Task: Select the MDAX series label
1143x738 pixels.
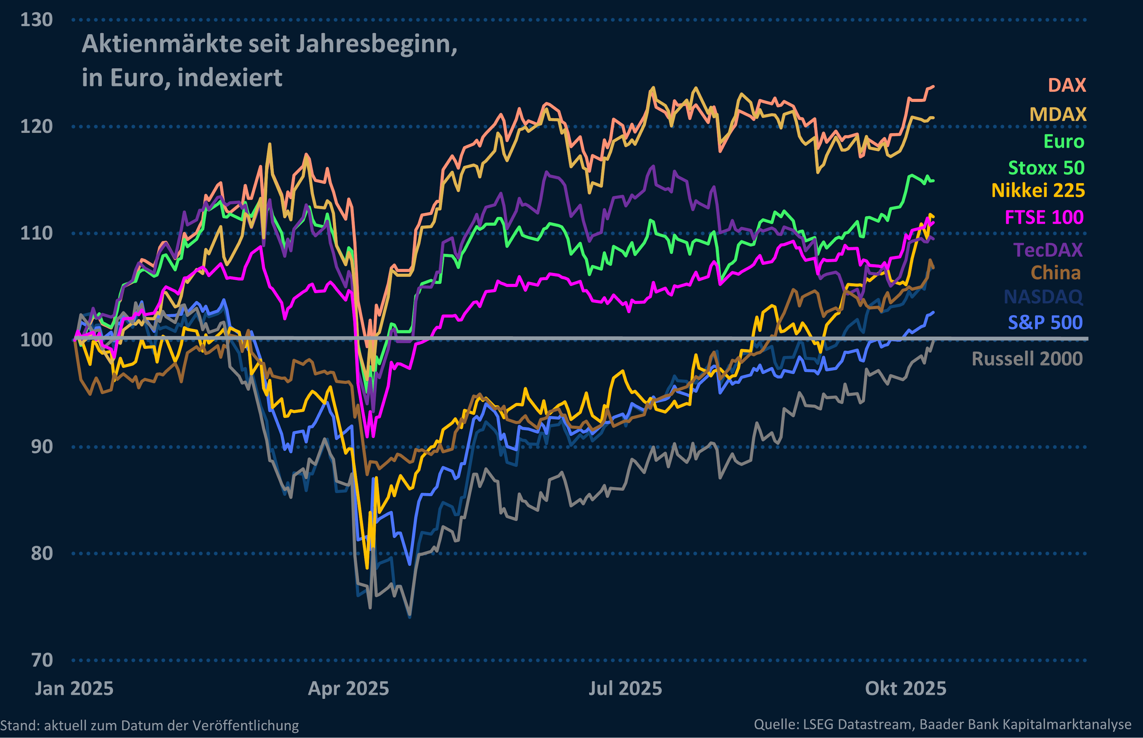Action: [1058, 115]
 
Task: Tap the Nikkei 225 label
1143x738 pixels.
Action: [1038, 191]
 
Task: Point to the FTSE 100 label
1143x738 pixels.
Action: [1044, 217]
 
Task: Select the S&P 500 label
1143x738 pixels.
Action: [1045, 322]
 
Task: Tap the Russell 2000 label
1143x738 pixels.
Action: [1027, 359]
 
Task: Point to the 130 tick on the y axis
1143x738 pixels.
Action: [36, 20]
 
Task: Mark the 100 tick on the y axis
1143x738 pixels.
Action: [36, 340]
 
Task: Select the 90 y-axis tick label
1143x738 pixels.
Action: [42, 446]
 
